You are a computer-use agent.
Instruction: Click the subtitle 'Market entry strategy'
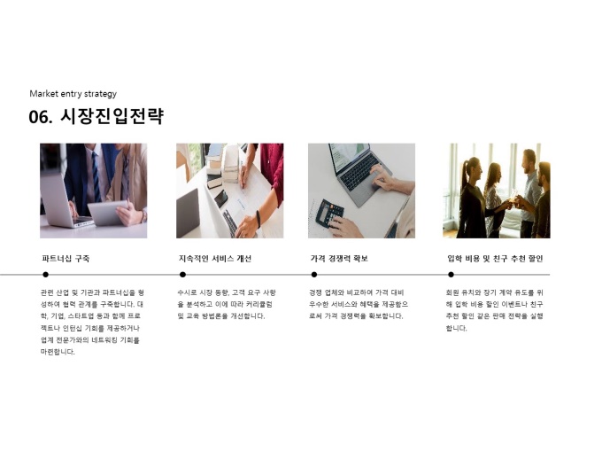click(73, 94)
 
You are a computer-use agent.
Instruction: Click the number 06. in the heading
click(41, 116)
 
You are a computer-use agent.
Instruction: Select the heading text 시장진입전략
click(112, 116)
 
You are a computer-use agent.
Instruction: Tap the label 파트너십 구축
click(66, 258)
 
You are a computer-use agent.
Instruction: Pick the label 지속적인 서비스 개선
click(215, 258)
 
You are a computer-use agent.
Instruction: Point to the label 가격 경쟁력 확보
click(339, 258)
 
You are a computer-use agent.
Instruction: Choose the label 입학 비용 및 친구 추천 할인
click(495, 258)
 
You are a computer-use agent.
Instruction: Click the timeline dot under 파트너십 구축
click(46, 275)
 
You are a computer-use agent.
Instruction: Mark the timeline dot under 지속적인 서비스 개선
click(182, 275)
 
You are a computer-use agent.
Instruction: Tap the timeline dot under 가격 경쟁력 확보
click(314, 275)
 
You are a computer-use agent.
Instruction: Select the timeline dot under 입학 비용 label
click(451, 275)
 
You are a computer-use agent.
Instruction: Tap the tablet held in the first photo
click(108, 214)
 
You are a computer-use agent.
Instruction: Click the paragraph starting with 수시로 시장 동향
click(227, 304)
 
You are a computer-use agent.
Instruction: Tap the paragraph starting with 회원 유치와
click(495, 310)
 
